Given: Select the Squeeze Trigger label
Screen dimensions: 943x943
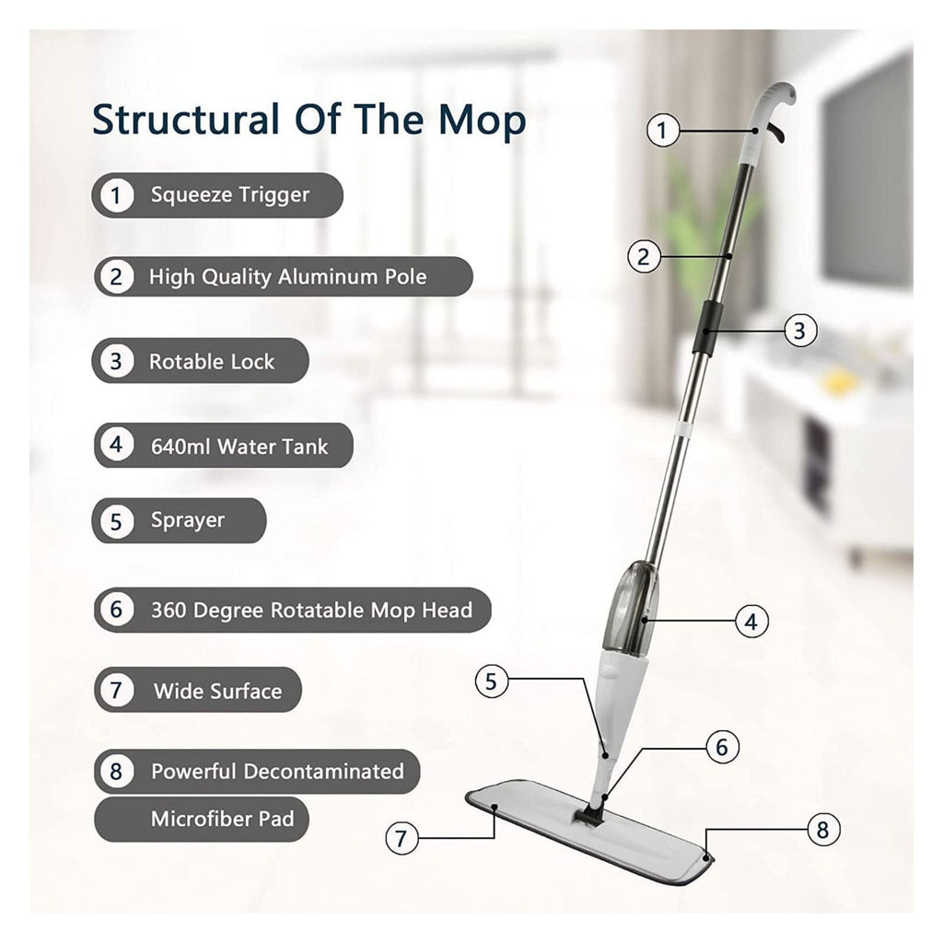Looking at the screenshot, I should [x=230, y=195].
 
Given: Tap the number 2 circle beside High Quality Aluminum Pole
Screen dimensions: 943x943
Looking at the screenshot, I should [x=115, y=276].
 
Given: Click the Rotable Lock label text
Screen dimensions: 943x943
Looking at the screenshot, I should [x=212, y=361].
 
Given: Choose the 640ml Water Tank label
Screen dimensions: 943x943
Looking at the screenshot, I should [x=239, y=447].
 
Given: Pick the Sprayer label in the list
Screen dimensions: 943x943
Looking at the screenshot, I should [x=188, y=520].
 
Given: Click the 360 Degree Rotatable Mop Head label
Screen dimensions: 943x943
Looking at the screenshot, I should [x=311, y=610].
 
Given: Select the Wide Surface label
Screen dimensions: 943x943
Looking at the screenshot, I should [x=217, y=691].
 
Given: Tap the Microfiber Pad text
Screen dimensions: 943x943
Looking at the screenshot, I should [x=222, y=819].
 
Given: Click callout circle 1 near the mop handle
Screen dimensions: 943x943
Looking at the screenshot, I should [x=662, y=130].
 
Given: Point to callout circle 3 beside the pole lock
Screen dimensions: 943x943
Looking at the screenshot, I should [x=799, y=330].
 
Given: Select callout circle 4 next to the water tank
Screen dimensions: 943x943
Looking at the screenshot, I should [x=751, y=621].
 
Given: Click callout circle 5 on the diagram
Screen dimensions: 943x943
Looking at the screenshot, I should [x=492, y=681].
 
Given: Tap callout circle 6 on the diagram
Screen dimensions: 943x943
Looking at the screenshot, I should [x=722, y=747].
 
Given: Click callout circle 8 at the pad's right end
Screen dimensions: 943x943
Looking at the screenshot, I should [x=822, y=830].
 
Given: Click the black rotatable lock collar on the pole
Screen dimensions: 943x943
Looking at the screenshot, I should [x=705, y=325].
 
